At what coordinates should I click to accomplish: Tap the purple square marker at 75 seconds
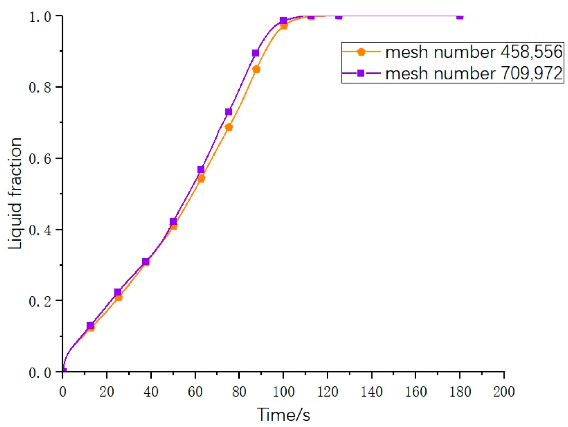(229, 112)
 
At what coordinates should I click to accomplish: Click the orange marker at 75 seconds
(229, 127)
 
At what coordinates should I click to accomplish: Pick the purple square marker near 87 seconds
(255, 53)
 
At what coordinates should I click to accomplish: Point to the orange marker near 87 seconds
(256, 69)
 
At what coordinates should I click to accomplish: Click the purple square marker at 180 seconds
(460, 16)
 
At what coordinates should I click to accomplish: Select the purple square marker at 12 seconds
(90, 326)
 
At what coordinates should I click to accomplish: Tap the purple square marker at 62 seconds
(201, 169)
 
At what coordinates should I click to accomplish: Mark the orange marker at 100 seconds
(284, 26)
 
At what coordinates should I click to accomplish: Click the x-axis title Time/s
(283, 415)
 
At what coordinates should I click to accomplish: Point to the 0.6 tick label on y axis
(40, 159)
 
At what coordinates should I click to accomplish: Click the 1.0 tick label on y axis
(40, 17)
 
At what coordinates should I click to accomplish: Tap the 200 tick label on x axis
(504, 392)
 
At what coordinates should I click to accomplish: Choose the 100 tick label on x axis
(283, 392)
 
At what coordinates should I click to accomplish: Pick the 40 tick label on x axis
(151, 392)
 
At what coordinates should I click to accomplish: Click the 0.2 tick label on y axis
(40, 301)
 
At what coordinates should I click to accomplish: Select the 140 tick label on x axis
(371, 392)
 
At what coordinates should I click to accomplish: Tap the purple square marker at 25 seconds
(118, 292)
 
